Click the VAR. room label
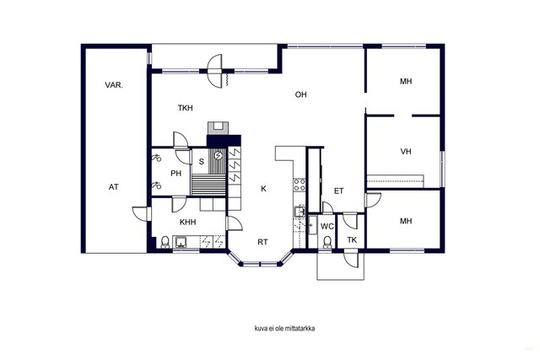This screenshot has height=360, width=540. pos(114,85)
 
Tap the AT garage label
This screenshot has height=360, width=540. pos(114,187)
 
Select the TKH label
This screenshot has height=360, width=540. pos(186,108)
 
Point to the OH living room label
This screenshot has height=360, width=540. pos(300,94)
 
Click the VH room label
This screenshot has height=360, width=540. pos(406,152)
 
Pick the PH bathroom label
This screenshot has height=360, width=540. pos(176,174)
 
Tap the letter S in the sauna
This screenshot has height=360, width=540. pos(202,161)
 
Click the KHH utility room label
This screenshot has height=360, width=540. pos(187,223)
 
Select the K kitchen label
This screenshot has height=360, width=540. pos(263,189)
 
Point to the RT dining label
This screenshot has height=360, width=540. pos(262,242)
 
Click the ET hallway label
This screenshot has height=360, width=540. pos(339,191)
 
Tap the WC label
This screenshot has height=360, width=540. pos(327,227)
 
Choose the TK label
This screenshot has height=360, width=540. pos(352,240)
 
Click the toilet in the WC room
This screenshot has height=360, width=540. pos(327,242)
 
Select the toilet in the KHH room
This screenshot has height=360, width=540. pos(165,242)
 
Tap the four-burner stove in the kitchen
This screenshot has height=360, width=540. pos(300,185)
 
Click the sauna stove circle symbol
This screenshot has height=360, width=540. pos(218,156)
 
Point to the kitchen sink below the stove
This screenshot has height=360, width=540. pos(300,212)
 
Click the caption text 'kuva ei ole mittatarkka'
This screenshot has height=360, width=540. pos(284,328)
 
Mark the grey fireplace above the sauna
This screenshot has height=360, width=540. pos(218,128)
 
